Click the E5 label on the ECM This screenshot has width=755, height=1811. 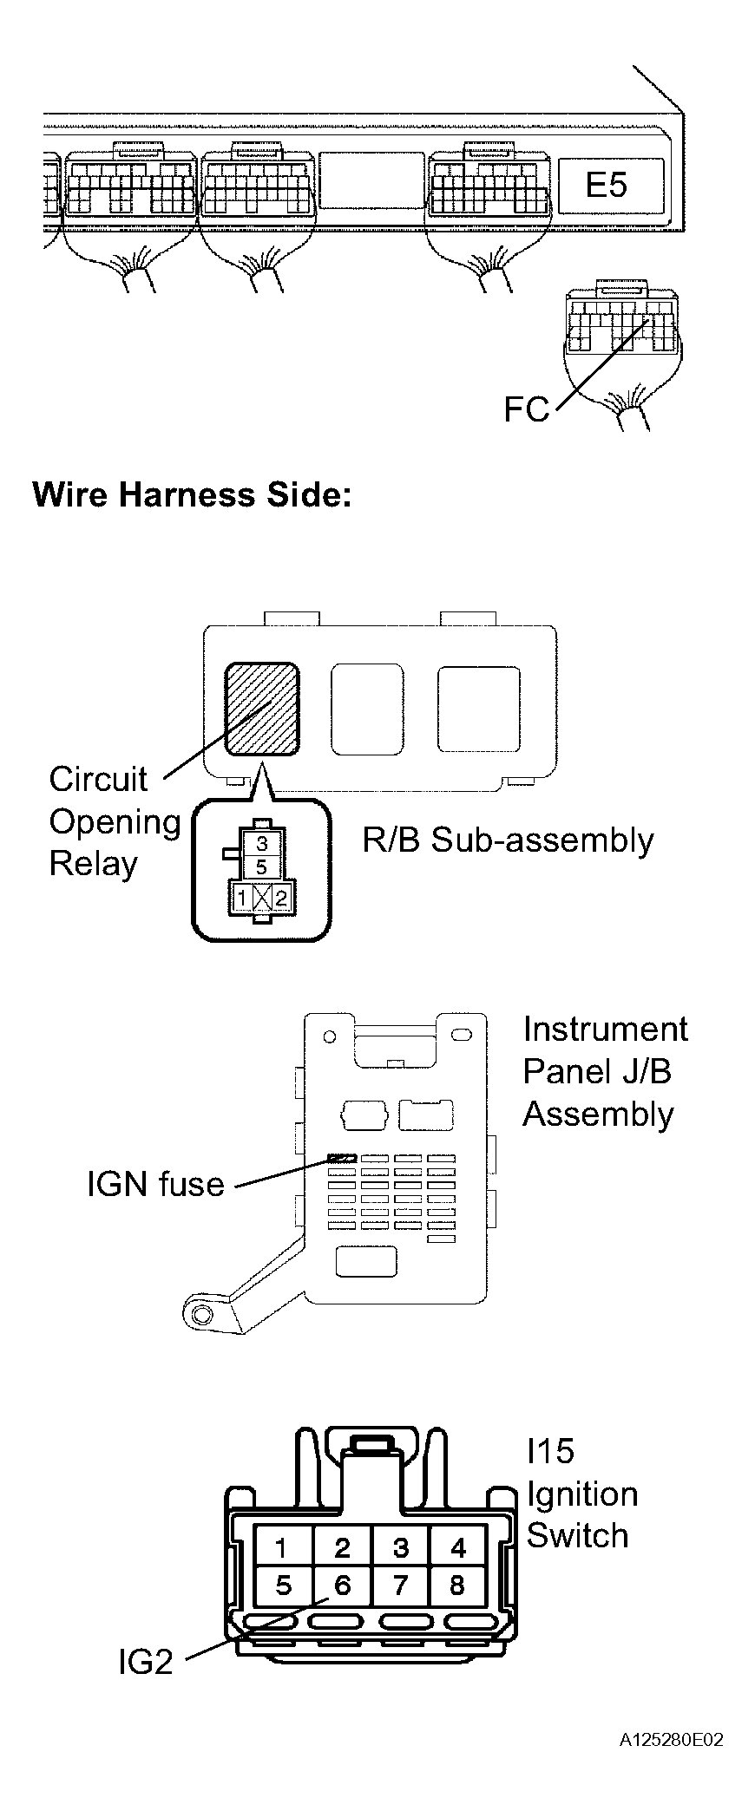(607, 185)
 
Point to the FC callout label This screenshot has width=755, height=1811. (527, 409)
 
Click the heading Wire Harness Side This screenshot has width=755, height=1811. (192, 494)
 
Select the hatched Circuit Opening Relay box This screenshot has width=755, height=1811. (262, 709)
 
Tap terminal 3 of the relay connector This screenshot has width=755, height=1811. (262, 842)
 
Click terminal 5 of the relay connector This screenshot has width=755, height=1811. (262, 866)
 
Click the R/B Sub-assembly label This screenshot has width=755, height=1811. (508, 840)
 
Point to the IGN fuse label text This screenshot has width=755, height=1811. (155, 1184)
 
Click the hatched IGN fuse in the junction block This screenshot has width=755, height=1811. (343, 1158)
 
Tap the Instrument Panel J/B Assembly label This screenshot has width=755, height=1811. (605, 1071)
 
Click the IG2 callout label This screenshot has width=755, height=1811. (146, 1661)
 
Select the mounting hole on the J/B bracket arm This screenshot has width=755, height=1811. (201, 1315)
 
